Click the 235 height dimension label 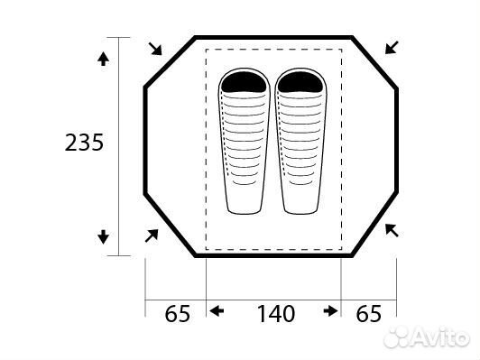coord(84,143)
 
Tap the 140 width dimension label coord(276,313)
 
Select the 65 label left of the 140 coord(177,313)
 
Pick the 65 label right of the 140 coord(369,313)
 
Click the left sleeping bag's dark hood coord(244,82)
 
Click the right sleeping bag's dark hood coord(300,82)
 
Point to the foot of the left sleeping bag coord(244,208)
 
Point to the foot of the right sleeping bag coord(300,208)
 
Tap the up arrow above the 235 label coord(103,59)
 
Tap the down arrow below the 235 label coord(103,237)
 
